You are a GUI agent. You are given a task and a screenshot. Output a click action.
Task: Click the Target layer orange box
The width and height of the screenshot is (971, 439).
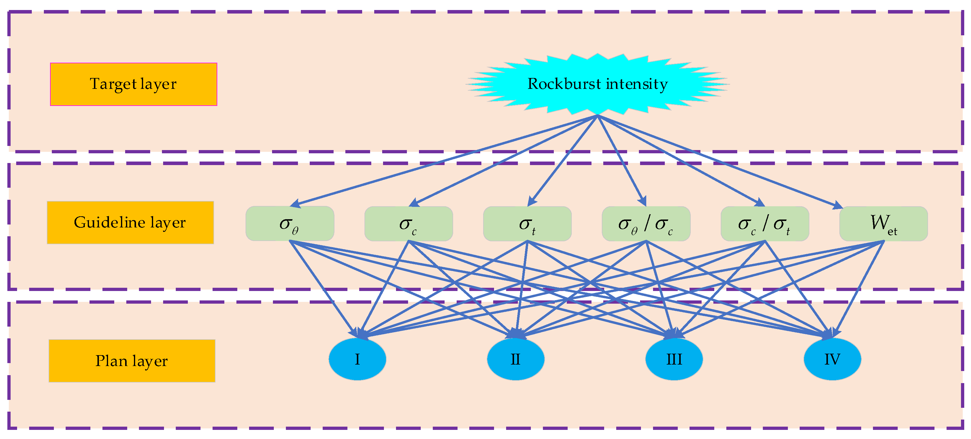tap(133, 84)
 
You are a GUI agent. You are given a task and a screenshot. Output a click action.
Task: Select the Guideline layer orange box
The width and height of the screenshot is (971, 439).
tap(130, 222)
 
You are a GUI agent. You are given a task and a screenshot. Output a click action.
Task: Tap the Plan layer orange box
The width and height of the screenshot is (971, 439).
tap(132, 361)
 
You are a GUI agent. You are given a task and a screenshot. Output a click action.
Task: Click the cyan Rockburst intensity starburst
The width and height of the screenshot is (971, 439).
tap(597, 84)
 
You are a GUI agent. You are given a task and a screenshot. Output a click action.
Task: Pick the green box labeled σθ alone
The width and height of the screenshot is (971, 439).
tap(289, 223)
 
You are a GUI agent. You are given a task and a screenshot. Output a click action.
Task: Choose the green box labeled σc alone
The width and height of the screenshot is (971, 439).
tap(408, 223)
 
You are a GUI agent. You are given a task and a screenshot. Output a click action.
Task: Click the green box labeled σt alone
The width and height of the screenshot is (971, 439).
tap(527, 223)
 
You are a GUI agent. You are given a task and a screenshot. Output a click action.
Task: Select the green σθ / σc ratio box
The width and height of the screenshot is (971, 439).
tap(646, 223)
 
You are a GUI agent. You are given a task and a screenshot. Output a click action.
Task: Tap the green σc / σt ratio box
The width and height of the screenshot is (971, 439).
tap(764, 223)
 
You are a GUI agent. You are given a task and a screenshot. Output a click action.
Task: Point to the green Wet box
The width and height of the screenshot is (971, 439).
tap(883, 223)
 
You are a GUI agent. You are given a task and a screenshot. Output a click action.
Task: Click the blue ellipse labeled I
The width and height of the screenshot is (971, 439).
tap(357, 359)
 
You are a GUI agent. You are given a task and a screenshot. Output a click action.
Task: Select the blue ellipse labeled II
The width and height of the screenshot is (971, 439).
tap(515, 359)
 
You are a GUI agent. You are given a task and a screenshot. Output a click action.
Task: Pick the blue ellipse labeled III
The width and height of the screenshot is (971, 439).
tap(674, 359)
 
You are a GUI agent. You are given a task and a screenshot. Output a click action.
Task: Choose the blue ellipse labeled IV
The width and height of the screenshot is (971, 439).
tap(832, 359)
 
